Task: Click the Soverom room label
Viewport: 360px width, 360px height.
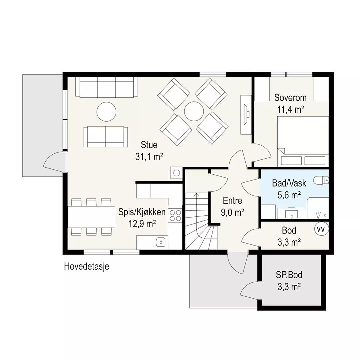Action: (x=290, y=98)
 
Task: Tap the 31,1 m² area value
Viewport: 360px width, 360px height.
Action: (x=149, y=157)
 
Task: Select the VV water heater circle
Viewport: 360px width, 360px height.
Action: (x=321, y=229)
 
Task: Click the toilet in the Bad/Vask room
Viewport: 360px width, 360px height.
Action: (x=321, y=180)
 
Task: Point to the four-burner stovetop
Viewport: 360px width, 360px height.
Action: (x=175, y=215)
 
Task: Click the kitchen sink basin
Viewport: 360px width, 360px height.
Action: (x=160, y=242)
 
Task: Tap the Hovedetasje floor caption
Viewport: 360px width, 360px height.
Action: (x=87, y=267)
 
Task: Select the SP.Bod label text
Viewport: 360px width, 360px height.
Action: (x=289, y=275)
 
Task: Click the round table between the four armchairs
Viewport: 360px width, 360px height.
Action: (x=194, y=111)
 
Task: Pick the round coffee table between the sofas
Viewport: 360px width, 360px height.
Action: (x=106, y=112)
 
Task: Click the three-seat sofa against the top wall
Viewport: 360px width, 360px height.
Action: (x=107, y=87)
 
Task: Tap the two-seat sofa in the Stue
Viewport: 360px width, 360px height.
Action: (x=106, y=137)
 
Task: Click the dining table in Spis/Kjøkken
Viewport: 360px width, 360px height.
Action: (x=91, y=217)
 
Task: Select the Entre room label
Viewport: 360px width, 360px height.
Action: (x=232, y=201)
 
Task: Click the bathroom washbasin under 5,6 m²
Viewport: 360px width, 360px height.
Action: (x=291, y=214)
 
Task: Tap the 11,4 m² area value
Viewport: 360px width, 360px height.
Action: (x=291, y=110)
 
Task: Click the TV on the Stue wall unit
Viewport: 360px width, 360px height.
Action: (x=246, y=115)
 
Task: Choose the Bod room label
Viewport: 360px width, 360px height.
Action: (x=289, y=230)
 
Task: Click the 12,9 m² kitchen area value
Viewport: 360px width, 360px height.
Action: (x=142, y=224)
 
